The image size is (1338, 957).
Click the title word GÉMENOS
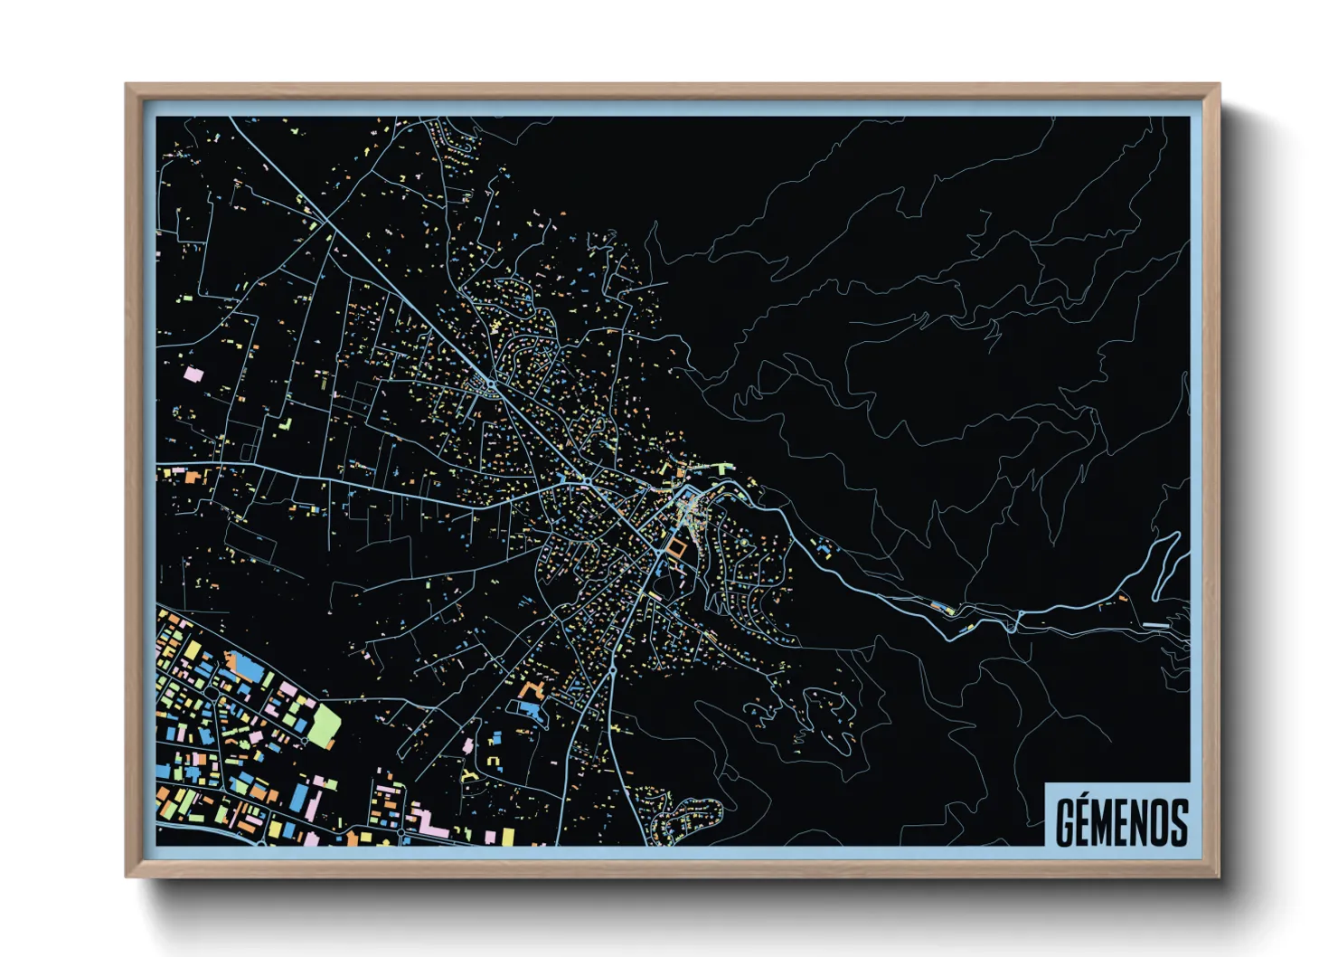(x=1121, y=821)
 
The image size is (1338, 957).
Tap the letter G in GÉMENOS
(x=1066, y=821)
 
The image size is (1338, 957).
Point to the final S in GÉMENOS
(x=1177, y=821)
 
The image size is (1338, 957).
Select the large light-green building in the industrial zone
(x=324, y=725)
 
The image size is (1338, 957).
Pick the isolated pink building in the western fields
(x=191, y=372)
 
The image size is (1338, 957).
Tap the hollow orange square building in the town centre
(x=677, y=548)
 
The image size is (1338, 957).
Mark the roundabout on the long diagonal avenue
(x=491, y=384)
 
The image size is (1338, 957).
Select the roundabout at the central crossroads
(x=586, y=479)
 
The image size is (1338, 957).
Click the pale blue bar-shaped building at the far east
(x=1155, y=625)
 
